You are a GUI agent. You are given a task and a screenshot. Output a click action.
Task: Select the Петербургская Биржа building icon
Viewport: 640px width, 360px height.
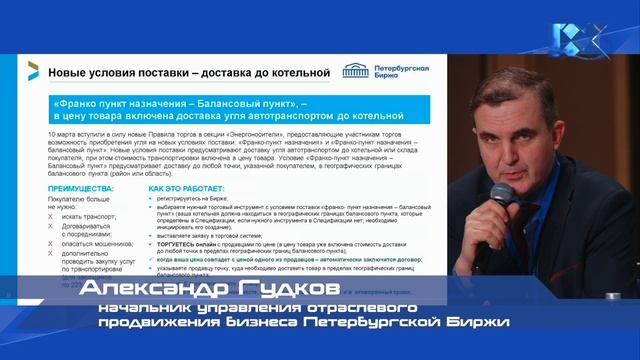[355, 71]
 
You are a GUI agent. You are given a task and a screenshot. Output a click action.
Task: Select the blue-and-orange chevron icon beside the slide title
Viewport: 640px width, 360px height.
[33, 70]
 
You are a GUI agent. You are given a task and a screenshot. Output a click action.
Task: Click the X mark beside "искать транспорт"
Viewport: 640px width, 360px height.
[50, 217]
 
